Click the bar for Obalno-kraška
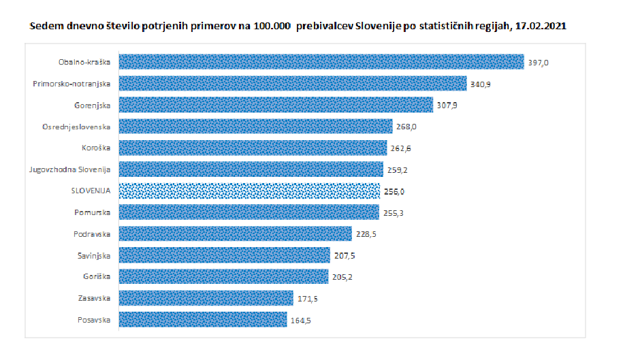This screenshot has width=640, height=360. pos(321,62)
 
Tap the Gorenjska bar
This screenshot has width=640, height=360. pos(276,105)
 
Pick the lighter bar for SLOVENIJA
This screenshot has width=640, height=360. pos(249,191)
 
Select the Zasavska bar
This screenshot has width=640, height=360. pos(206,298)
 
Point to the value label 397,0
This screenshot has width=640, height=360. pos(538,63)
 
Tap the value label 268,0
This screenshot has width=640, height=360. pos(406,127)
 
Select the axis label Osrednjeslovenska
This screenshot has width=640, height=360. pos(80,127)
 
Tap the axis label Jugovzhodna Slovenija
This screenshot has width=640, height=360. pos(70,169)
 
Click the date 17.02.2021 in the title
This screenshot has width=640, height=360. pos(542,26)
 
